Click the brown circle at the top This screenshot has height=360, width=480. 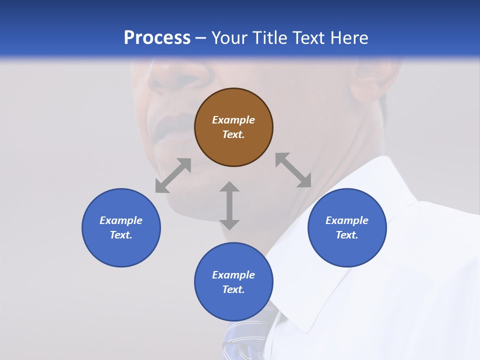point(233,127)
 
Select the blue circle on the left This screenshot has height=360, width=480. point(121,227)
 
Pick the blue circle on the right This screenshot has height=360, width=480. point(347,227)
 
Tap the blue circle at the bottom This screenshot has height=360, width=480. point(233,282)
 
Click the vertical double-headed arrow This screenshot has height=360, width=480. point(229,205)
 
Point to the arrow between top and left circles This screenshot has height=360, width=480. point(173,175)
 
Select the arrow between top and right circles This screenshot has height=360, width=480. point(293,170)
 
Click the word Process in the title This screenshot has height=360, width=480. point(157,37)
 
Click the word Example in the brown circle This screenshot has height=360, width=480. point(233,120)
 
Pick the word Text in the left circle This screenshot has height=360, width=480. point(121,235)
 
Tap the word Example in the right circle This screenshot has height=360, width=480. point(347,220)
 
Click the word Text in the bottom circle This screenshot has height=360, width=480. point(233,289)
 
